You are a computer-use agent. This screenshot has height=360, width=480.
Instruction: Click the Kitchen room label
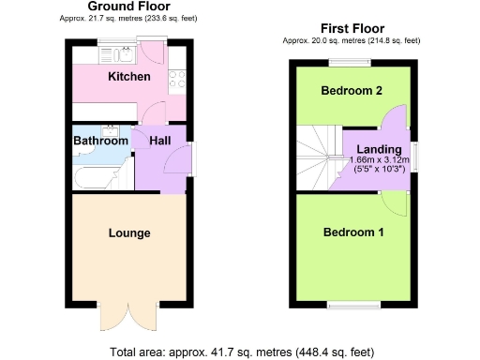pyautogui.click(x=128, y=76)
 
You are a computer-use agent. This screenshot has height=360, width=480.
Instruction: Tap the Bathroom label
pyautogui.click(x=100, y=142)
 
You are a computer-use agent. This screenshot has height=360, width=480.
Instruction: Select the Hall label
pyautogui.click(x=160, y=141)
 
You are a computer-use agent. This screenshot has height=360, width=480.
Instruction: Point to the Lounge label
pyautogui.click(x=128, y=232)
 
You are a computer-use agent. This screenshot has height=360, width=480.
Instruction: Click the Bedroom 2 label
pyautogui.click(x=352, y=91)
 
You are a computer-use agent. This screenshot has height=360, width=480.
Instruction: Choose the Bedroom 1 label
pyautogui.click(x=353, y=232)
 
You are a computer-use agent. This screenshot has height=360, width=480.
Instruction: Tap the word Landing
pyautogui.click(x=379, y=149)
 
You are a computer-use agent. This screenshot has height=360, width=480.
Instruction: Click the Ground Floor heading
pyautogui.click(x=128, y=7)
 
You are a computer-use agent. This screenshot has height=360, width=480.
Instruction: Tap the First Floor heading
pyautogui.click(x=352, y=29)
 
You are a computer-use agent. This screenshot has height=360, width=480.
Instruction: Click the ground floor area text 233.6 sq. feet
pyautogui.click(x=169, y=19)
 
